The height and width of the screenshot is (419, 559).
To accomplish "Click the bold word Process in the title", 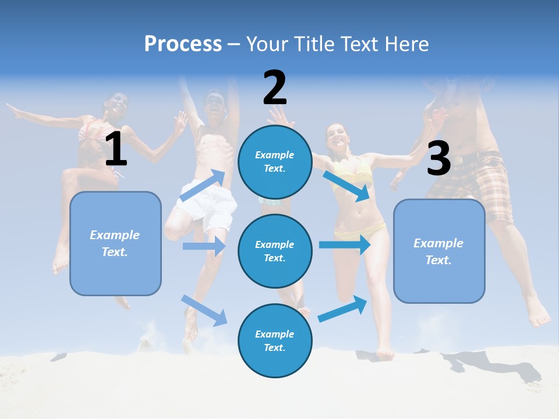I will click(x=183, y=44).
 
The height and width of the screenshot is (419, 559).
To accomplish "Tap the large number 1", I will click(x=116, y=149).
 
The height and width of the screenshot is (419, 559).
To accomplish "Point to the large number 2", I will click(x=275, y=88).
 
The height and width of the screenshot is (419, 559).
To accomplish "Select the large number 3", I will click(x=438, y=158).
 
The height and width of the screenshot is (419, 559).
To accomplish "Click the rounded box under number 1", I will click(x=115, y=243).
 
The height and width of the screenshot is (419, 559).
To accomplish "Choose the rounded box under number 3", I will click(x=439, y=251).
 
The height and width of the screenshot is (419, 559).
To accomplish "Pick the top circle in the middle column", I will click(x=275, y=162).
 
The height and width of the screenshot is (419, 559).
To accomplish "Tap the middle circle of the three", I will click(x=275, y=251).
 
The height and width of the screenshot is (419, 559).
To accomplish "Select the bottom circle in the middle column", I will click(x=275, y=340).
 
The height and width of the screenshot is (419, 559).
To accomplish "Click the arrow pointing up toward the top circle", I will click(x=203, y=185).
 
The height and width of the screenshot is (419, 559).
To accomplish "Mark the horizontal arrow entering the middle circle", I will click(x=204, y=246).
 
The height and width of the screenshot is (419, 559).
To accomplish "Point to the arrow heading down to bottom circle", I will click(x=204, y=310).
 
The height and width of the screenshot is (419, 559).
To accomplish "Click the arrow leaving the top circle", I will click(x=347, y=186).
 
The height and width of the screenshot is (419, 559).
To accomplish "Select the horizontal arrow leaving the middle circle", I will click(x=345, y=244).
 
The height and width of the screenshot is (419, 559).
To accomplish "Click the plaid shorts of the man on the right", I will click(x=477, y=183).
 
